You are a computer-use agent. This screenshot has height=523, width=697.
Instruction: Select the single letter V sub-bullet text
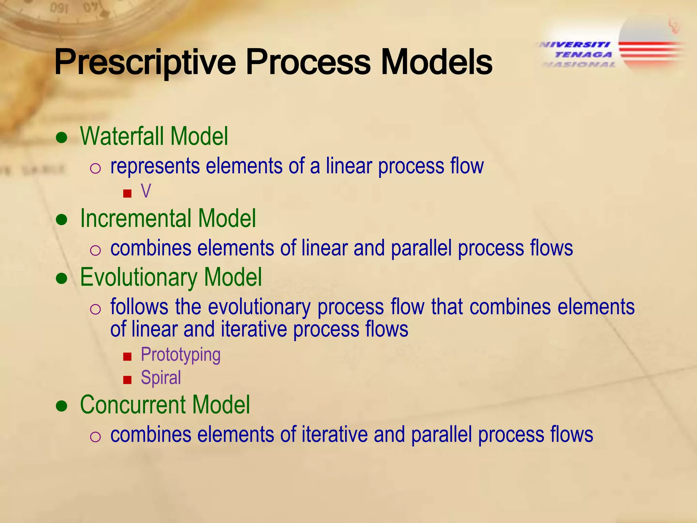click(x=146, y=191)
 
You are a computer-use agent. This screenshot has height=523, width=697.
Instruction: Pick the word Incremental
click(x=136, y=219)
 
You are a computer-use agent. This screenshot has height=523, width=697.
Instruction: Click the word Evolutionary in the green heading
click(x=139, y=278)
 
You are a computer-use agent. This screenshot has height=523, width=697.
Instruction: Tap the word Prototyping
click(x=180, y=355)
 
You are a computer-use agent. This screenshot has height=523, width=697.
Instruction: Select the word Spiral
click(x=161, y=378)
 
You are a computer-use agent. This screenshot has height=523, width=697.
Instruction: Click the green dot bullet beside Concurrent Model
click(x=62, y=406)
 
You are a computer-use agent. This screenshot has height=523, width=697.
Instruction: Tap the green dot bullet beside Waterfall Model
click(x=62, y=138)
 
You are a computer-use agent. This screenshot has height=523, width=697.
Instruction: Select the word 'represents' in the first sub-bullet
click(x=155, y=166)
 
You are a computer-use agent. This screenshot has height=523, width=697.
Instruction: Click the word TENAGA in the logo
click(x=583, y=54)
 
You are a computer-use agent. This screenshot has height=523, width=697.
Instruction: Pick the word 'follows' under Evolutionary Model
click(x=139, y=307)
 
